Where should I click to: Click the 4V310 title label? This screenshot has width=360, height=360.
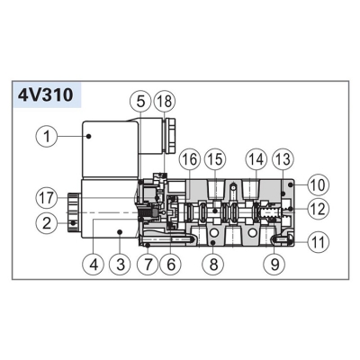(x=46, y=95)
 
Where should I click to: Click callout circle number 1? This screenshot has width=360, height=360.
(x=47, y=137)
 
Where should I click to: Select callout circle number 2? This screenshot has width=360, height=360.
(x=47, y=224)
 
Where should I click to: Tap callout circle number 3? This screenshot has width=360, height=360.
(x=120, y=265)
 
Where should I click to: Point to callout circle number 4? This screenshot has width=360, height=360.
(x=94, y=265)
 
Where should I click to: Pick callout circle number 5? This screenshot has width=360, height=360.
(x=140, y=102)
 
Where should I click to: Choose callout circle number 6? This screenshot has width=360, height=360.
(x=171, y=265)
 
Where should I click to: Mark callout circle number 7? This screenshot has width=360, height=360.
(x=148, y=265)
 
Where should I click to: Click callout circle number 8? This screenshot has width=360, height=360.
(x=213, y=265)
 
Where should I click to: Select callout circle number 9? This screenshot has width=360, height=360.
(x=274, y=265)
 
